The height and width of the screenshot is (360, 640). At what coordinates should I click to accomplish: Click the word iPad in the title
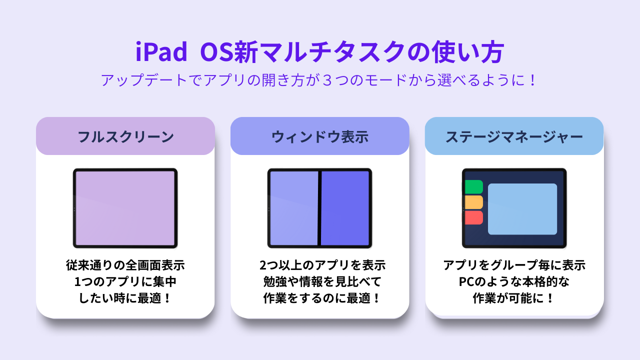point(161,51)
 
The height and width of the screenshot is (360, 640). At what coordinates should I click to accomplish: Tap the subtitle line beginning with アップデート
point(319,80)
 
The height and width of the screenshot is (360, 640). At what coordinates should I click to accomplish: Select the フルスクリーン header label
point(125,137)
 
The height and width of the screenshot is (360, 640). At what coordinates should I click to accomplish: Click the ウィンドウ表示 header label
point(319,137)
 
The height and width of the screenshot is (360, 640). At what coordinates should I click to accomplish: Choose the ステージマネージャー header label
point(514,137)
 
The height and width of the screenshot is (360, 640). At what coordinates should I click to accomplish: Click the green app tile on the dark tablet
point(473,187)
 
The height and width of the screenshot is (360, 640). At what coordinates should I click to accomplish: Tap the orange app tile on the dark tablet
point(473,202)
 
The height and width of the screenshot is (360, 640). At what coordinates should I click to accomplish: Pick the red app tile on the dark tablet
point(473,217)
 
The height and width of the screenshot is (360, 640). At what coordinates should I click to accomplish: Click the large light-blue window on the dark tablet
point(522,209)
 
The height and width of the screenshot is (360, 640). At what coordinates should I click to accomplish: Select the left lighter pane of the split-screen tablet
point(294,208)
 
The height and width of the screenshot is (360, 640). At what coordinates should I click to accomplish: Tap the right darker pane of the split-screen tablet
point(345,208)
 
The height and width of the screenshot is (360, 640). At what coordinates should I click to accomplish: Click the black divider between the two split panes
point(319,208)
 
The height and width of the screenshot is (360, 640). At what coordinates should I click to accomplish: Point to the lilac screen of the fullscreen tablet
point(125,208)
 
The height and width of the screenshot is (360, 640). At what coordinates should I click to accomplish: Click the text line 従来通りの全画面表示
point(125,265)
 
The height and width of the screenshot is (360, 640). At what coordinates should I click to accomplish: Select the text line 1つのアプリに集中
point(125,281)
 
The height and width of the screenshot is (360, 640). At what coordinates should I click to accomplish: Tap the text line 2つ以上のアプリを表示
point(322,265)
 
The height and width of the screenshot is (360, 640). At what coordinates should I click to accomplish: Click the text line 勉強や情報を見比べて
point(322,281)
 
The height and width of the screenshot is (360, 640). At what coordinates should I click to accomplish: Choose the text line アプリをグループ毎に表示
point(514,265)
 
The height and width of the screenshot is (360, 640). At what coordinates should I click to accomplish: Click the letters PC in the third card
point(467,282)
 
